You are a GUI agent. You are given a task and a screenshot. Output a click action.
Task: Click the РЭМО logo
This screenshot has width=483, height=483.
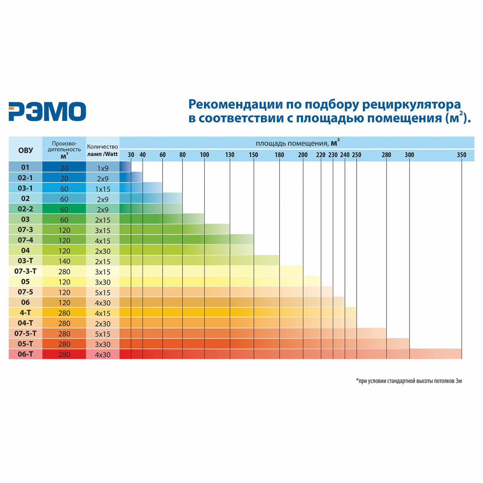[x=47, y=111]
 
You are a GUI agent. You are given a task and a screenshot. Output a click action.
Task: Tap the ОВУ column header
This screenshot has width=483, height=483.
[x=25, y=150]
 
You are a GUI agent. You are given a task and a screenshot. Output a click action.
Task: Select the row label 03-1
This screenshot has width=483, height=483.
[x=25, y=188]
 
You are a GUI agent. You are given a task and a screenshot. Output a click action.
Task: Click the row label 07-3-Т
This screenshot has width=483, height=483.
[x=25, y=271]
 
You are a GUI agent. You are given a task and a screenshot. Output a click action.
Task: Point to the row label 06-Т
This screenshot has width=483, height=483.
[x=25, y=354]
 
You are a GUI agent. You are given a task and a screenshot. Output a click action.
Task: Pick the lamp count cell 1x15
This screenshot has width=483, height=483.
[x=103, y=189]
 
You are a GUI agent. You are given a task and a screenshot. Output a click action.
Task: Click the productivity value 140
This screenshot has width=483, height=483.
[x=64, y=261]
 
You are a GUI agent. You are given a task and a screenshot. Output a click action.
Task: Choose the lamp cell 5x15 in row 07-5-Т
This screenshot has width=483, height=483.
[x=103, y=334]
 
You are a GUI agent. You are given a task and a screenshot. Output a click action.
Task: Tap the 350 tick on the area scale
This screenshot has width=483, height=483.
[x=461, y=155]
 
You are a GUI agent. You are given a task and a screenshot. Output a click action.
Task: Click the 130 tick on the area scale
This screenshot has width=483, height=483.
[x=230, y=155]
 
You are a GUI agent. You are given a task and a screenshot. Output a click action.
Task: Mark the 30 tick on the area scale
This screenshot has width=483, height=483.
[x=131, y=155]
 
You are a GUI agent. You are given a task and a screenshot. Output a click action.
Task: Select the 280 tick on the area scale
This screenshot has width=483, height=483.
[x=386, y=155]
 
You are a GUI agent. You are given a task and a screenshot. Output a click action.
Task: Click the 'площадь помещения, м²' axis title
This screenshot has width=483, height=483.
[x=297, y=143]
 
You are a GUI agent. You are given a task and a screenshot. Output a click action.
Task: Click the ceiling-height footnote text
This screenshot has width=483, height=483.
[x=409, y=381]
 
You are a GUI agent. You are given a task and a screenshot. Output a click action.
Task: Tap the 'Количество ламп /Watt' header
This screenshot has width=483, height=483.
[x=103, y=150]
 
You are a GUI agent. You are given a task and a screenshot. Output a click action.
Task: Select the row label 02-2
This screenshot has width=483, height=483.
[x=25, y=209]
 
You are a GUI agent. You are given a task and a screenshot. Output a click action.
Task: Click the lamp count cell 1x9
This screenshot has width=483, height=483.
[x=103, y=168]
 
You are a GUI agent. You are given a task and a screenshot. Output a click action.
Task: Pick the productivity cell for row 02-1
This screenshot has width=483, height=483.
[x=64, y=178]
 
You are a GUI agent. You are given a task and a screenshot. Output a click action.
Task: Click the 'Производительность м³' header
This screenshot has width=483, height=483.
[x=64, y=150]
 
